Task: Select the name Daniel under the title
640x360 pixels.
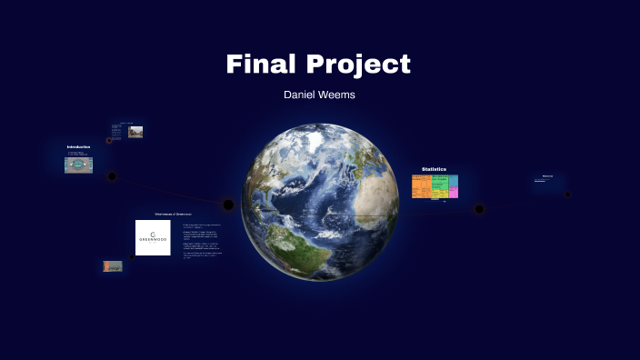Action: click(301, 94)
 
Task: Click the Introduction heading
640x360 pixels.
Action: click(78, 147)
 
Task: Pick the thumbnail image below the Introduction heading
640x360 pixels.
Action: click(78, 165)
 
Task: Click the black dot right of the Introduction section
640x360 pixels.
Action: click(112, 176)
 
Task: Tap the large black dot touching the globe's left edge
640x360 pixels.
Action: click(229, 205)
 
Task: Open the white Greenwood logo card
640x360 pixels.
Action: click(153, 237)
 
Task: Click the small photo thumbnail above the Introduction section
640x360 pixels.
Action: click(135, 132)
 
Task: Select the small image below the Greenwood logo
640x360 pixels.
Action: click(113, 266)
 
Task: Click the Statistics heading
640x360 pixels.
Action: click(434, 169)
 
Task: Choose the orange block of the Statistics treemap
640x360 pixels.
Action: click(420, 189)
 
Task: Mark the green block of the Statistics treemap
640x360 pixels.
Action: click(438, 193)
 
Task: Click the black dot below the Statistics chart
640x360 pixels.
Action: click(479, 210)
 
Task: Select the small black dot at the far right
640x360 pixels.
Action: click(567, 194)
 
